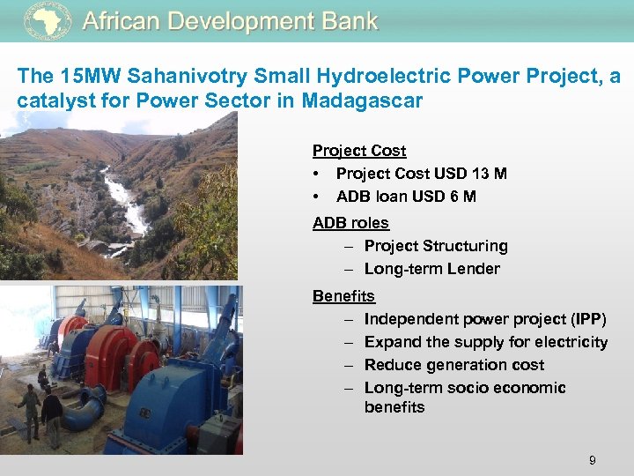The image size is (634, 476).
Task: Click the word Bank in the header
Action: point(347,21)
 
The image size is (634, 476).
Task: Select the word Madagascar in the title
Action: point(362,100)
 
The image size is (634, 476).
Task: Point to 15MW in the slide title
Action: point(82,77)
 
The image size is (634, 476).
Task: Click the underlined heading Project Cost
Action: point(359,151)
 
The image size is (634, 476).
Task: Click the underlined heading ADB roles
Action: point(350,223)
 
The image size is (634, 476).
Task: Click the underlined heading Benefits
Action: point(343,296)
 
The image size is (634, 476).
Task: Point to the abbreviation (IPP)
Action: point(586,319)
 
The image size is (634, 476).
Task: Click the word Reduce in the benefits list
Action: point(391,365)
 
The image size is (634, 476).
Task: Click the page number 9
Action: point(593,460)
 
